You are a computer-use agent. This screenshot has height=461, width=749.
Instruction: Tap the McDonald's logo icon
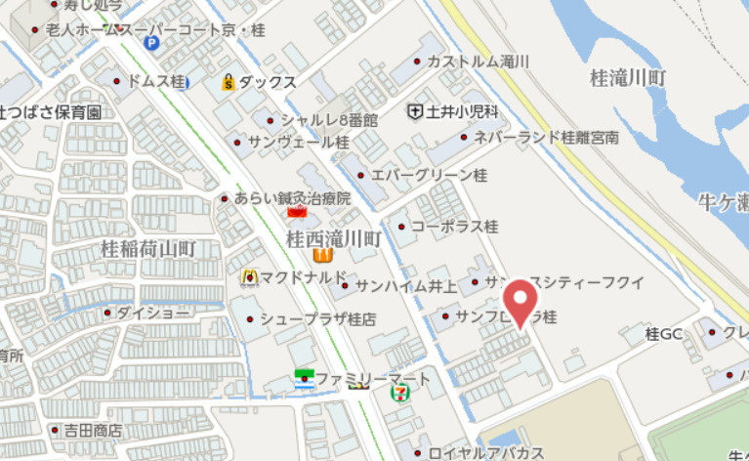pos(249,276)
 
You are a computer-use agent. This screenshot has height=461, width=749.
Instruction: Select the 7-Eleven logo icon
pos(399,392)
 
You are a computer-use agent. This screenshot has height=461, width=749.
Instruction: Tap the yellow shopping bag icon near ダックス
pos(228,82)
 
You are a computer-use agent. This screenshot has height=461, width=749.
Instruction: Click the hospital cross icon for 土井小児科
pos(416,111)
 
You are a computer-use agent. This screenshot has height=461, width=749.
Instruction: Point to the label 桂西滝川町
pos(332,237)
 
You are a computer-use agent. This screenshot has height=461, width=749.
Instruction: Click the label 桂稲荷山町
pos(148,249)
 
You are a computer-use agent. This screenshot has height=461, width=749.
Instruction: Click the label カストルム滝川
pos(478,61)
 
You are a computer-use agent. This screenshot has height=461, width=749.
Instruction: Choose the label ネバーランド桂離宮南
pos(545,138)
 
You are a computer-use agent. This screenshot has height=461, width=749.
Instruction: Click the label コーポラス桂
pos(454,227)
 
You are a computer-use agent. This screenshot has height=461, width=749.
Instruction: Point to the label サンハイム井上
pos(405,286)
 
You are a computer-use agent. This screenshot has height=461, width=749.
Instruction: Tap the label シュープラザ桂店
pos(317,318)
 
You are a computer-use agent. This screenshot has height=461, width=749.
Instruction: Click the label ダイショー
pos(153,314)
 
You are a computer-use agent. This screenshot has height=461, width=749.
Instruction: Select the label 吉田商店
pos(93,430)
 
